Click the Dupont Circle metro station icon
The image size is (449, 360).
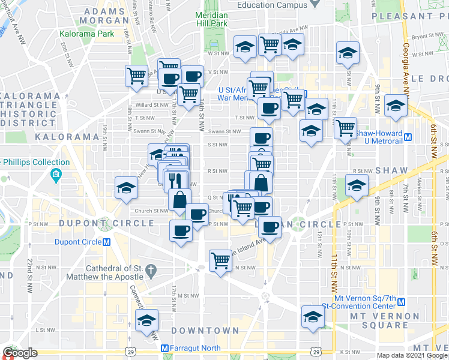106,242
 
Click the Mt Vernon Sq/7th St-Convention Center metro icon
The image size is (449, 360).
402,302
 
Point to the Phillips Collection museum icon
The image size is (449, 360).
56,175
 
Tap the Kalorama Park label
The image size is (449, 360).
87,34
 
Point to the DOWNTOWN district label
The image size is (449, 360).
205,331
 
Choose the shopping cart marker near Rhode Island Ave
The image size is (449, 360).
220,260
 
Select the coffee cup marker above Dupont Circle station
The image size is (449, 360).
181,230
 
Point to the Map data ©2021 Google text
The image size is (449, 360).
412,355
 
